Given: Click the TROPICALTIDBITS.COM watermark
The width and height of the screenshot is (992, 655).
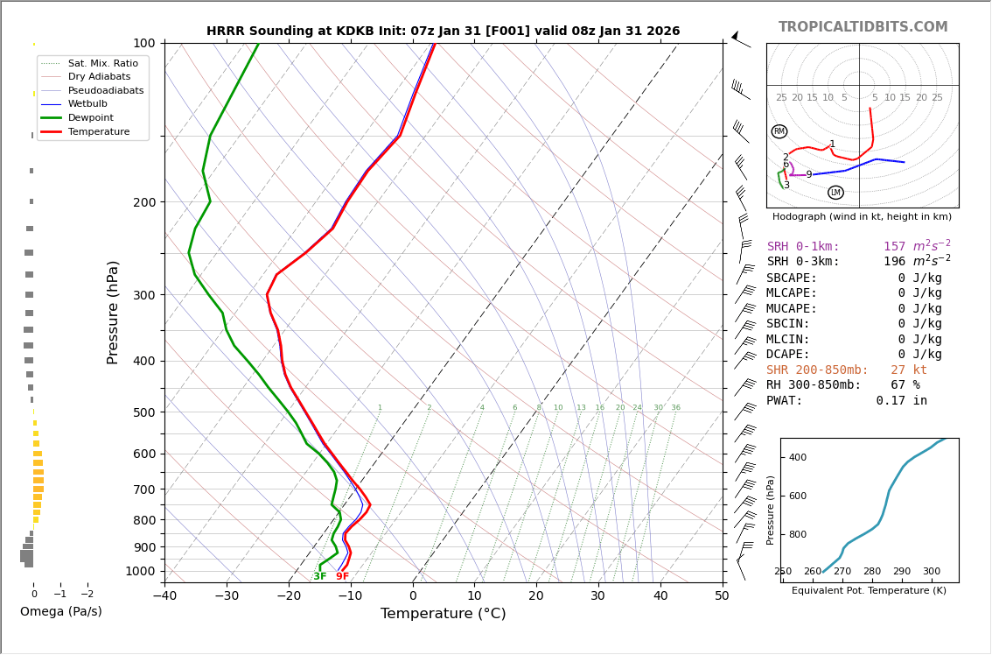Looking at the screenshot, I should [x=863, y=27].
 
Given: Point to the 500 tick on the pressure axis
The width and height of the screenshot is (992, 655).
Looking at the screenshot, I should [x=143, y=412].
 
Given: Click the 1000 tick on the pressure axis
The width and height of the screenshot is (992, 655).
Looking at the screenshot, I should [x=140, y=571].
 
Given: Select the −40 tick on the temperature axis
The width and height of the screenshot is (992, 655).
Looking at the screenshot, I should [x=164, y=596].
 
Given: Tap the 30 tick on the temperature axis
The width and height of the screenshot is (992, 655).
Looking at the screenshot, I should [x=597, y=596].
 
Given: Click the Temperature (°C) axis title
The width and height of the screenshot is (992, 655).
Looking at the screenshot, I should [x=443, y=614].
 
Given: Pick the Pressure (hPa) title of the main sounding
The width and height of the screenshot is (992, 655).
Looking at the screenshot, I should [x=114, y=312].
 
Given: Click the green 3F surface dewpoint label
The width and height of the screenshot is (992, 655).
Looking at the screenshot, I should [x=320, y=576].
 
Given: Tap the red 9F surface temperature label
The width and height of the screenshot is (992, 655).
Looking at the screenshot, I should [x=342, y=576].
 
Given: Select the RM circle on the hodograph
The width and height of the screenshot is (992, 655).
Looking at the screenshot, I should [x=779, y=131].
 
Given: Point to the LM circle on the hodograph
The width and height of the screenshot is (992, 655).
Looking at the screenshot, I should [x=835, y=193].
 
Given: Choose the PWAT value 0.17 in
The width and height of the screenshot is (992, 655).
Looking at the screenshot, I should [x=901, y=401].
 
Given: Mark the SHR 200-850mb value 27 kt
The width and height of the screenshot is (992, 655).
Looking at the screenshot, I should [x=908, y=370].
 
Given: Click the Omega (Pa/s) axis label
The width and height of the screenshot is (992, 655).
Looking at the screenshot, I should [x=60, y=611].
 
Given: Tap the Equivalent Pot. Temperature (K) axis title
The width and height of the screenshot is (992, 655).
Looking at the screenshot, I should [x=869, y=591].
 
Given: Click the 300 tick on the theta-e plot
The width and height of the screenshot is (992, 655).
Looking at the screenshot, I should [x=931, y=572].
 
